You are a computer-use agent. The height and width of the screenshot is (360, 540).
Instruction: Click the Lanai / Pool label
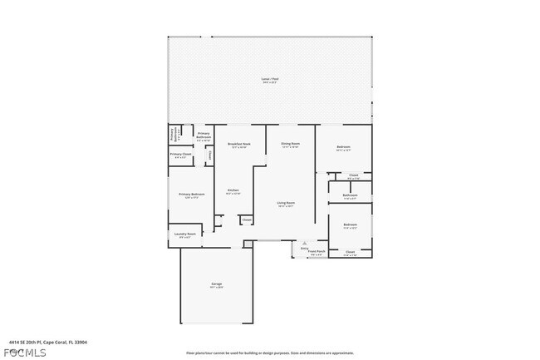tap(270, 79)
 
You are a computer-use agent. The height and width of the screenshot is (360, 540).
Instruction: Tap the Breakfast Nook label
tap(240, 144)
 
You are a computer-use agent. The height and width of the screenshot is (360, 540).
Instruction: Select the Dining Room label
tap(290, 144)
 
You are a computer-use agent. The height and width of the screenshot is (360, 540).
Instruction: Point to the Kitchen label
tap(233, 190)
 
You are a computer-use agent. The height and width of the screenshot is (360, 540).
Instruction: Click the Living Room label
tap(286, 203)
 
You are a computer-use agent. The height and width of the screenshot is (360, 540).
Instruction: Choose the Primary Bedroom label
tap(191, 195)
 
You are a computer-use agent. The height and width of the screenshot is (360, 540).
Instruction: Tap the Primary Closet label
tap(181, 154)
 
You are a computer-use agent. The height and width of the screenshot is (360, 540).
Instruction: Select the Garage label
tap(216, 284)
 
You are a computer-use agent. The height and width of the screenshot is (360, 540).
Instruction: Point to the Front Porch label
tap(317, 251)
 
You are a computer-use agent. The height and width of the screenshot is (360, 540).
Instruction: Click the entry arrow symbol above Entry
tap(304, 244)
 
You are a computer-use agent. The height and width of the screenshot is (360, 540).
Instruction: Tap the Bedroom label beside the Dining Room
tap(343, 147)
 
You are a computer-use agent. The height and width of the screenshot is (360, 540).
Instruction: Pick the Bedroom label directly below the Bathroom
tap(351, 224)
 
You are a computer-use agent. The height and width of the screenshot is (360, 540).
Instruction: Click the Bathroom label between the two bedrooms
tap(350, 195)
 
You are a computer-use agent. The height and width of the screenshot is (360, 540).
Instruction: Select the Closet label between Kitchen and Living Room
tap(247, 220)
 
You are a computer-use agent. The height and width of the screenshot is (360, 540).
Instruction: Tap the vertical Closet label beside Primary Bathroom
tap(210, 155)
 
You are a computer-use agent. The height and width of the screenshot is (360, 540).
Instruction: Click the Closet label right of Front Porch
tap(350, 252)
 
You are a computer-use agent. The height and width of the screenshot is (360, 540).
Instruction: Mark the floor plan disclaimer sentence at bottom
tap(269, 353)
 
